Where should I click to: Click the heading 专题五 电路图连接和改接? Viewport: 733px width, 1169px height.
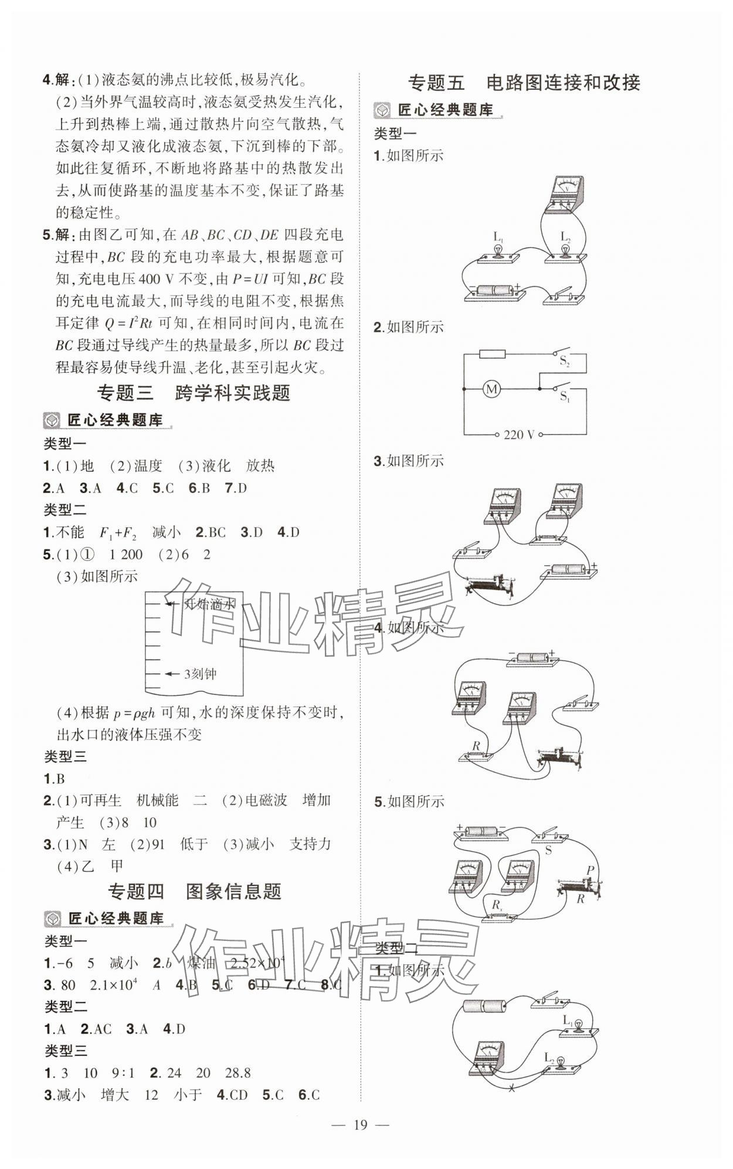[x=524, y=83]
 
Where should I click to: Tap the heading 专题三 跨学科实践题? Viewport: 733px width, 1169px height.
[x=194, y=392]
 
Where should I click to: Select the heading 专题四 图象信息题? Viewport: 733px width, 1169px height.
[x=195, y=891]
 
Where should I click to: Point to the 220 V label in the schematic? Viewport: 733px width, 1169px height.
[x=519, y=434]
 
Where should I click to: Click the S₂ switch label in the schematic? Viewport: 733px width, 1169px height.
[x=565, y=362]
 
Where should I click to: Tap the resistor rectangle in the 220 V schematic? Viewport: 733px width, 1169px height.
[x=492, y=354]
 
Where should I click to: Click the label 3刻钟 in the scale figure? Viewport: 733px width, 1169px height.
[x=200, y=674]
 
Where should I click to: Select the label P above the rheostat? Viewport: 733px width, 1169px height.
[x=590, y=870]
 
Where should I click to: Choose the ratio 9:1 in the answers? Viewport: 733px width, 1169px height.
[x=123, y=1073]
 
